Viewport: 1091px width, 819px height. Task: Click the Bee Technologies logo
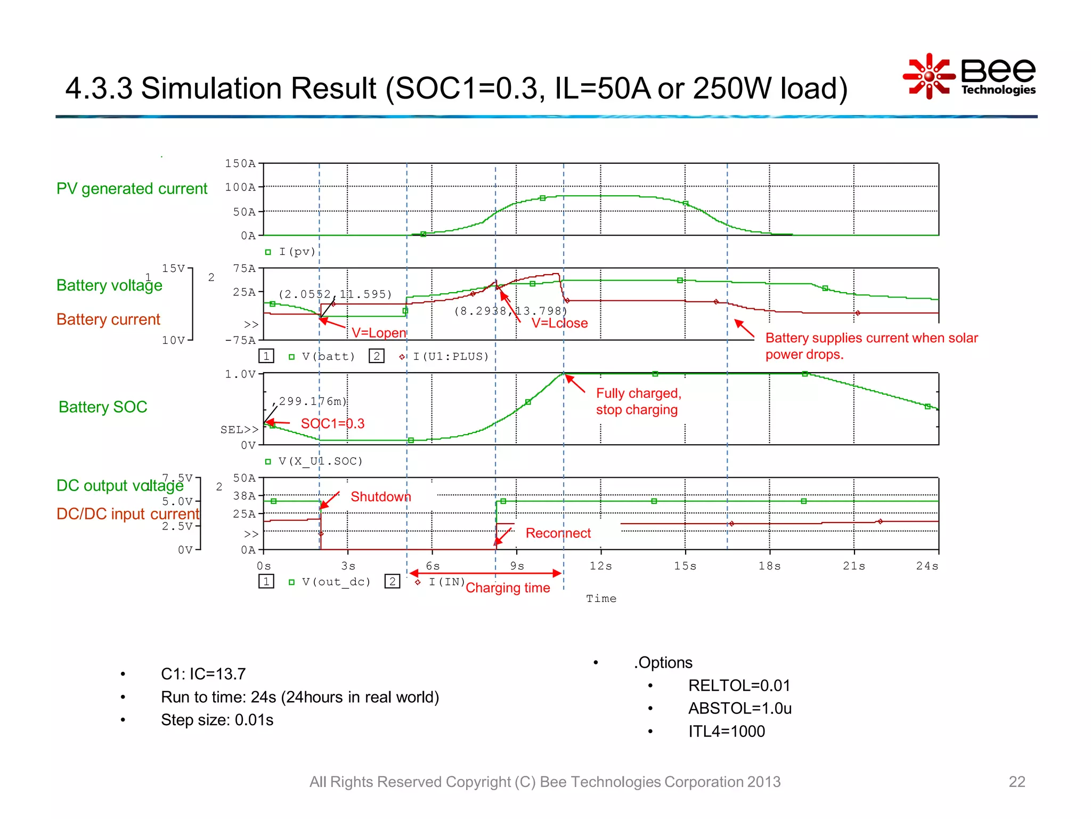coord(970,76)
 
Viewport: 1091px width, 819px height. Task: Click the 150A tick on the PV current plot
coord(240,164)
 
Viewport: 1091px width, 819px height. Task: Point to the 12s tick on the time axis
coord(601,566)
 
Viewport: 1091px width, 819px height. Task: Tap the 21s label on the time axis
coord(854,566)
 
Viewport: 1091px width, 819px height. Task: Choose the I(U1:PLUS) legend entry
coord(451,356)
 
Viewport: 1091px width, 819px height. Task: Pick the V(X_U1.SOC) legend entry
coord(320,461)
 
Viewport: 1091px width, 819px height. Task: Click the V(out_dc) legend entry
coord(336,582)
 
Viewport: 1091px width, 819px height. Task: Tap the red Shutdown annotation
coord(380,497)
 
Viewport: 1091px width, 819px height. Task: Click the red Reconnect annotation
coord(558,533)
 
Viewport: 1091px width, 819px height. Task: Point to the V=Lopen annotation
coord(379,333)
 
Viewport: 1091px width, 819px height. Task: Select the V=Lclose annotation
coord(559,323)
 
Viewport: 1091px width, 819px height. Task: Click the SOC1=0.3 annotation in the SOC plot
coord(332,424)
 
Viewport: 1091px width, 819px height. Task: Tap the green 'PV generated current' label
coord(132,189)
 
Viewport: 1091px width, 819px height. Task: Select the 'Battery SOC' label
coord(103,407)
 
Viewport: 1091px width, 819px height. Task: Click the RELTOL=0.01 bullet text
coord(739,686)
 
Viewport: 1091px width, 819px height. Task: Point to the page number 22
coord(1016,782)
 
